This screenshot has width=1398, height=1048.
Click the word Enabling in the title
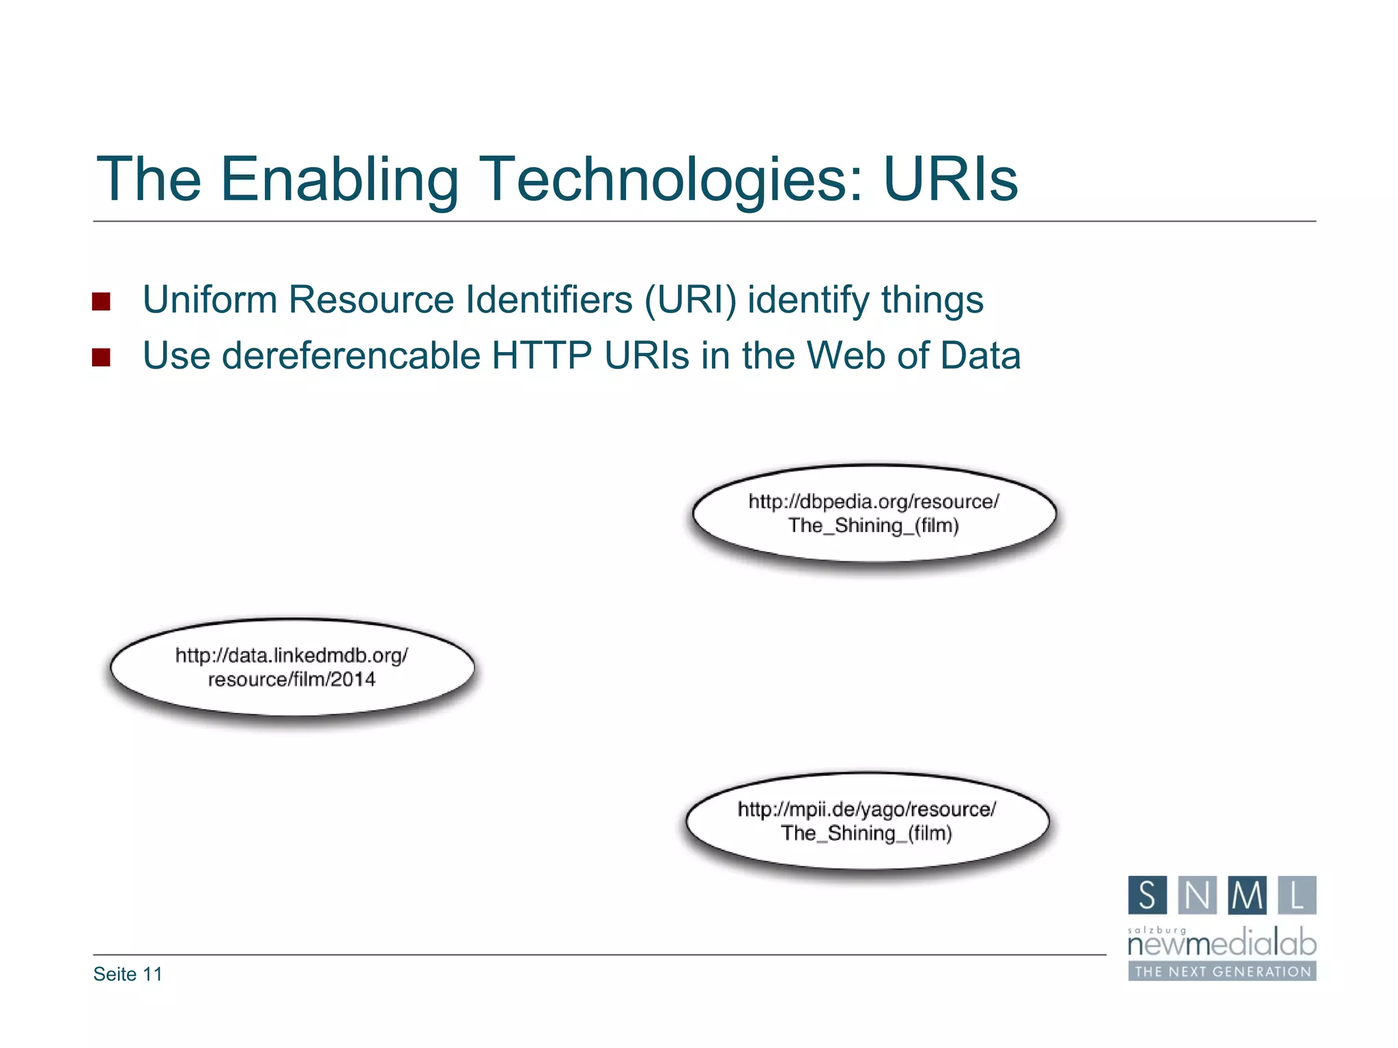(x=339, y=180)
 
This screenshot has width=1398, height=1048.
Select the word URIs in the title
(x=950, y=179)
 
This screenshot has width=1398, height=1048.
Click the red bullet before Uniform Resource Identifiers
(x=101, y=302)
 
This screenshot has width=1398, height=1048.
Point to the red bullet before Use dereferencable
(x=101, y=358)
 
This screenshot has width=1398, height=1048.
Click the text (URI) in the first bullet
(x=691, y=300)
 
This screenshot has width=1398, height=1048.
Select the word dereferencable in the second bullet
(x=351, y=356)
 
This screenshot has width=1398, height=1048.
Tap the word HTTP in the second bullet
(x=542, y=356)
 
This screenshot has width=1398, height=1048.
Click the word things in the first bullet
(x=932, y=300)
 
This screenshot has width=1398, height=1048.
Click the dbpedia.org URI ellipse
(x=874, y=514)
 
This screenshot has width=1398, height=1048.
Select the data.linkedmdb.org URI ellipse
(x=292, y=667)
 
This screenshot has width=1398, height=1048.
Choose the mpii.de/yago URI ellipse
(x=868, y=821)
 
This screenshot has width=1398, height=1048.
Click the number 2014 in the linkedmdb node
(x=353, y=680)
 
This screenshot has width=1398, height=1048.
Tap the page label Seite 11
(x=128, y=974)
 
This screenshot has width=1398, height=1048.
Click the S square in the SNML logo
(x=1147, y=895)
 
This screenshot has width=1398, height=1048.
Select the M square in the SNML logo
(x=1247, y=895)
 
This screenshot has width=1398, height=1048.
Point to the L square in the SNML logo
(x=1297, y=895)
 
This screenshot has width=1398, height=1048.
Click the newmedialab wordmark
(x=1222, y=944)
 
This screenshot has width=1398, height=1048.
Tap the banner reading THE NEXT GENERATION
(x=1222, y=972)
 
